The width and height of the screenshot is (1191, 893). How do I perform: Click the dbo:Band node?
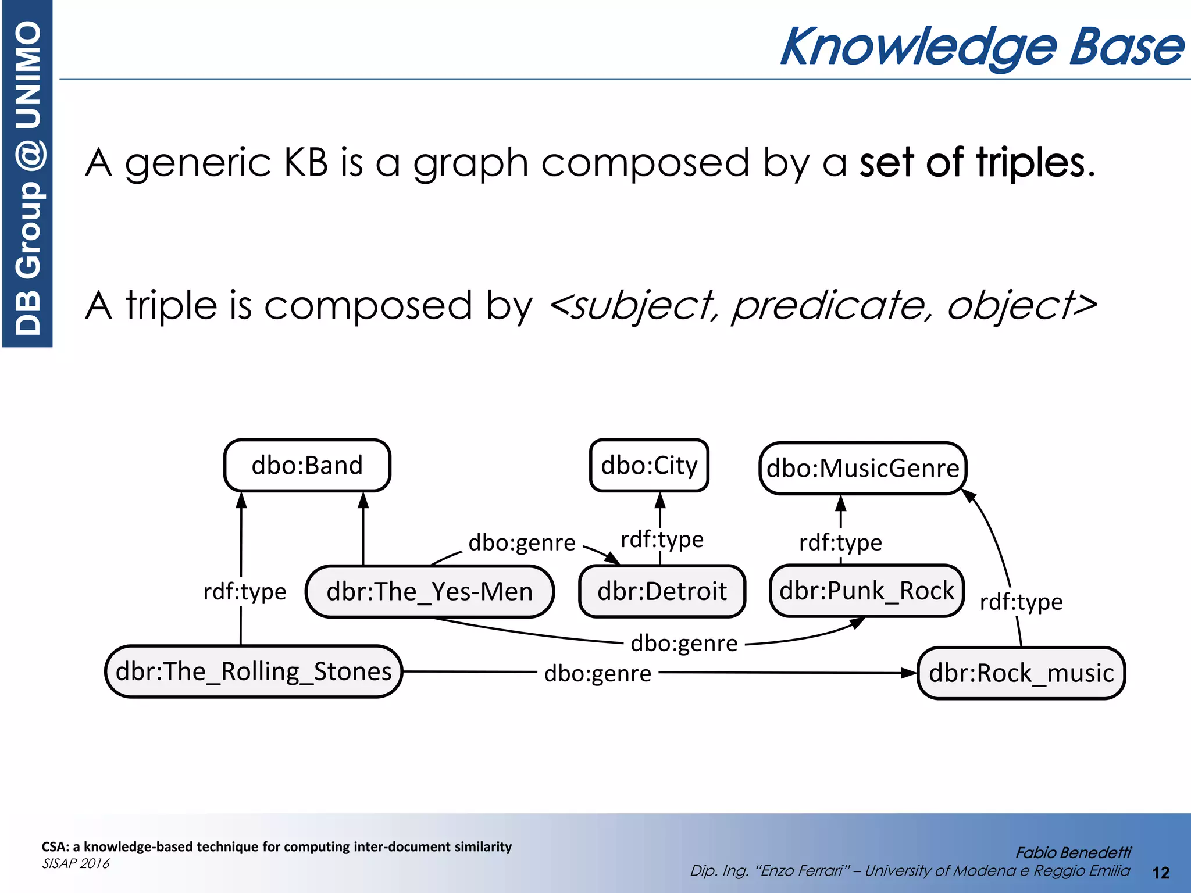(x=307, y=466)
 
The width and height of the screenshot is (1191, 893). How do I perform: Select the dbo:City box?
(x=649, y=466)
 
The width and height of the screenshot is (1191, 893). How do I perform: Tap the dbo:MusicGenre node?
(x=862, y=469)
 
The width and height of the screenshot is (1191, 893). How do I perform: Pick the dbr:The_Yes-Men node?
(x=429, y=592)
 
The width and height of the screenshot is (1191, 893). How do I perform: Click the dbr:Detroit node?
(x=662, y=592)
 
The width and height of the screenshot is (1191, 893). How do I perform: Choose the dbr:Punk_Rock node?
(x=866, y=591)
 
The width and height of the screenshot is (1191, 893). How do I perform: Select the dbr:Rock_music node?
(x=1021, y=673)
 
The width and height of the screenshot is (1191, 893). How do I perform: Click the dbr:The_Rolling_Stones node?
(x=254, y=671)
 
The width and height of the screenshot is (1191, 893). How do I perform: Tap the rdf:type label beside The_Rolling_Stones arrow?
(x=245, y=592)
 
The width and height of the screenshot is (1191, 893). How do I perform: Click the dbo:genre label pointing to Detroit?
(x=522, y=542)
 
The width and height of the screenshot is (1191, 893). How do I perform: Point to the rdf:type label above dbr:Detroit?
(x=662, y=540)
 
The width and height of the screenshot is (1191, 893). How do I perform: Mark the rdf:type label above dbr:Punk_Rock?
(x=840, y=542)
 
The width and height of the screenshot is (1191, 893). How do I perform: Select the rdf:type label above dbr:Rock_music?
(x=1021, y=602)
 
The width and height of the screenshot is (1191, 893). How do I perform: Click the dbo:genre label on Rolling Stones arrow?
(x=597, y=674)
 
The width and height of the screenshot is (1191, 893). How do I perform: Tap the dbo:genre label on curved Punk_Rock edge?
(x=684, y=644)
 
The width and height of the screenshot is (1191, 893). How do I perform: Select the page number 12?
(x=1160, y=873)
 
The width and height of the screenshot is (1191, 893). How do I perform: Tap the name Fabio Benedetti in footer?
(x=1073, y=853)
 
